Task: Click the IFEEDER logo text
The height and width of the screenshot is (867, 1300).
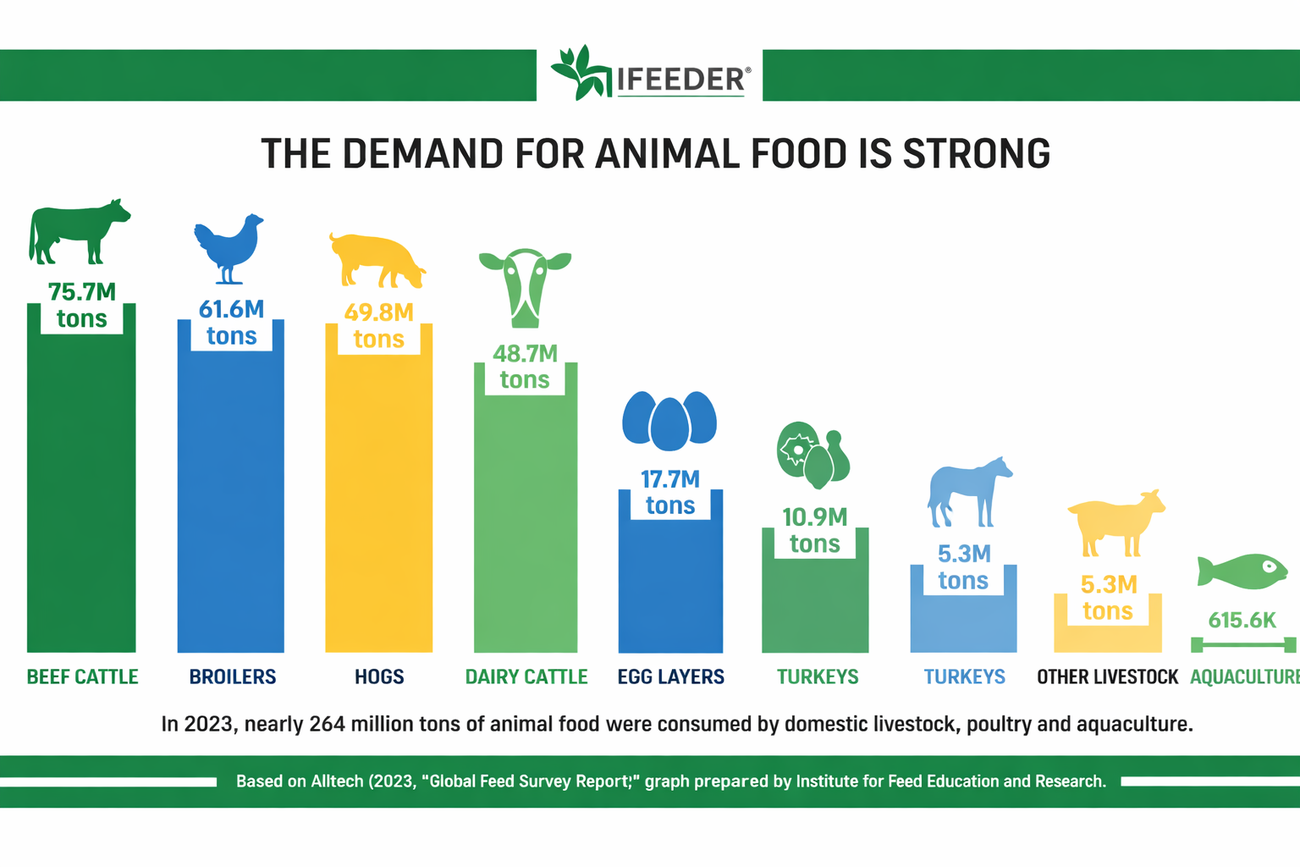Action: (681, 80)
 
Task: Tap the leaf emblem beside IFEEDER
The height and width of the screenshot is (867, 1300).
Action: (580, 73)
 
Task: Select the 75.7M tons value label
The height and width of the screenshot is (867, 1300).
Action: (81, 306)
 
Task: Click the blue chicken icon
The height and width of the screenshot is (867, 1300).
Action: (229, 247)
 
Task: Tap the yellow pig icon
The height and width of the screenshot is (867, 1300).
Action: (377, 261)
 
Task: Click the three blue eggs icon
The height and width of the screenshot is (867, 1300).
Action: (669, 419)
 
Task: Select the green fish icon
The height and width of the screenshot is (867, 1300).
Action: (1242, 572)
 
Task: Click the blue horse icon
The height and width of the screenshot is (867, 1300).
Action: (968, 492)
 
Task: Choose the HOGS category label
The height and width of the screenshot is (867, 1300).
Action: (379, 676)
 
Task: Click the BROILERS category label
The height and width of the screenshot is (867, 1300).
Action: (233, 676)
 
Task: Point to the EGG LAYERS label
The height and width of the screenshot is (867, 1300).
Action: (670, 676)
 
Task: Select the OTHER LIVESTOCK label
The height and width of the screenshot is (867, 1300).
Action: (1107, 676)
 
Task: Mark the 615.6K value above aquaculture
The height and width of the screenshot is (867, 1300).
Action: (1242, 621)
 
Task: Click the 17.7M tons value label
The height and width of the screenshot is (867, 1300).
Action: (670, 492)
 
